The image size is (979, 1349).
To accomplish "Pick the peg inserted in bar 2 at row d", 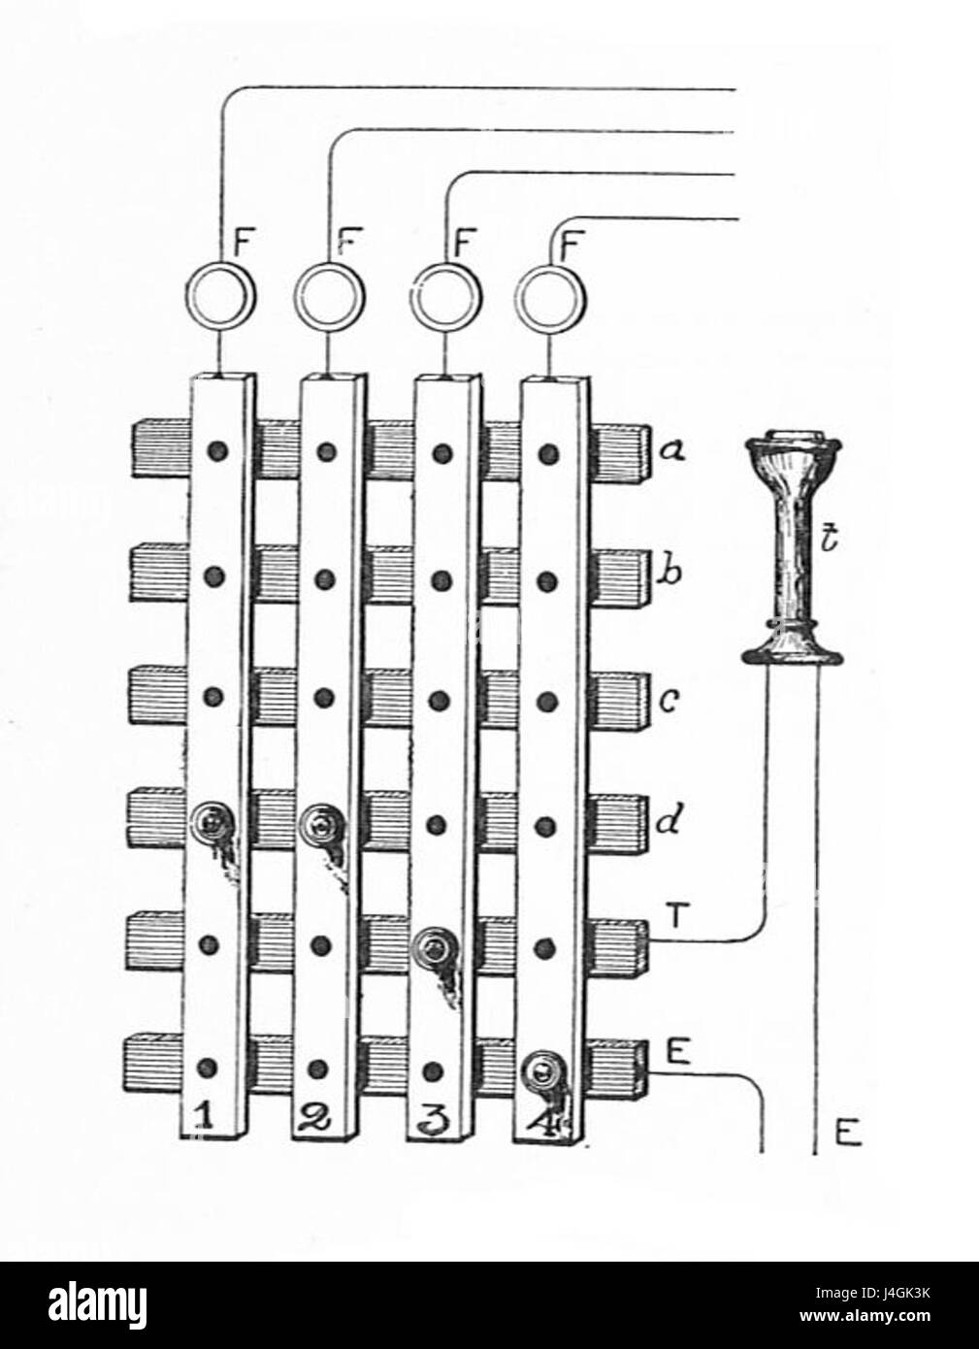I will tap(318, 824).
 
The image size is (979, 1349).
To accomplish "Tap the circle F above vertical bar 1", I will tap(219, 297).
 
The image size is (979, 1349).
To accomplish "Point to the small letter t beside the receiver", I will tap(827, 537).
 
